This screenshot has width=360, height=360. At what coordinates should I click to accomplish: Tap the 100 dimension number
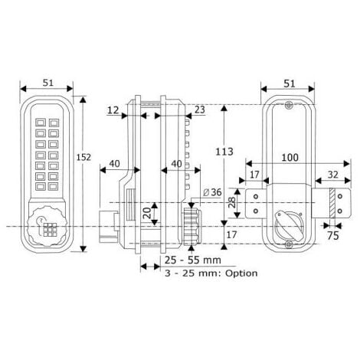pyautogui.click(x=290, y=157)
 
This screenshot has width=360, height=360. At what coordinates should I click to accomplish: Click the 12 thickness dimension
pyautogui.click(x=113, y=111)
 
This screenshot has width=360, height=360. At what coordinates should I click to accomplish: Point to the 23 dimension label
pyautogui.click(x=198, y=110)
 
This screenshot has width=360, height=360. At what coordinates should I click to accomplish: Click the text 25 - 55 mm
pyautogui.click(x=191, y=260)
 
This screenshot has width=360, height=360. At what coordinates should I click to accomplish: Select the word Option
pyautogui.click(x=238, y=273)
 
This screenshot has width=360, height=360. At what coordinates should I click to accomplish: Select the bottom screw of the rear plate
pyautogui.click(x=288, y=244)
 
